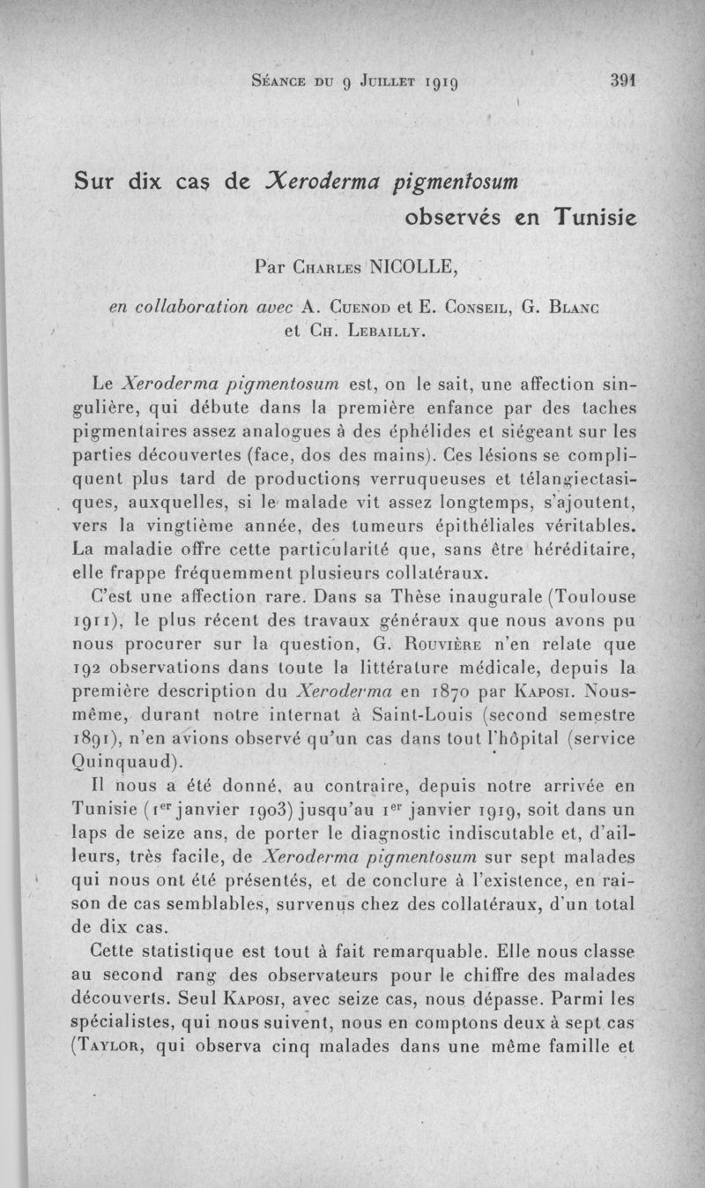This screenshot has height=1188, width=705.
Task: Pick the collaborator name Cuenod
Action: click(347, 308)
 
